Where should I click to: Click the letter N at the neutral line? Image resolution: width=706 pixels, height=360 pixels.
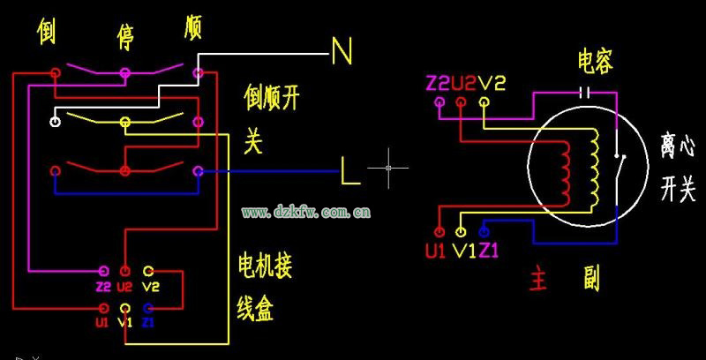point(342,52)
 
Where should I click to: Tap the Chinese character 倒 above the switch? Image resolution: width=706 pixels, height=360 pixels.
point(48,33)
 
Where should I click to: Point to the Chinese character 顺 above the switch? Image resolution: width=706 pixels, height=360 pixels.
point(192,27)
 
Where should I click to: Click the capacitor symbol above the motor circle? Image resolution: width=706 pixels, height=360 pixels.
point(582,91)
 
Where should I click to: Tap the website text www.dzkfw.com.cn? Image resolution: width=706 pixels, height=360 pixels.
point(306,212)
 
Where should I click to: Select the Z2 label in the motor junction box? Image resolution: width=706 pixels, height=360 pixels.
point(103,287)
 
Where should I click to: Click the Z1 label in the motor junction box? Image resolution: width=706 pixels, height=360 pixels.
point(148,322)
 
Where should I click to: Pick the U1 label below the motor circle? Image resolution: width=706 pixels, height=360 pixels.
point(435,251)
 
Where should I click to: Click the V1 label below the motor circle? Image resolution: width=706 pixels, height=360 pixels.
point(463,251)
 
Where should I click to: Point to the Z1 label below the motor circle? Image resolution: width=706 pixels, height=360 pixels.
point(489,251)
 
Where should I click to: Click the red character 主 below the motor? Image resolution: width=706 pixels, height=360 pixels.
point(539,280)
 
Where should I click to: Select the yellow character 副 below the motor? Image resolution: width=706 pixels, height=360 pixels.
point(590,280)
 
